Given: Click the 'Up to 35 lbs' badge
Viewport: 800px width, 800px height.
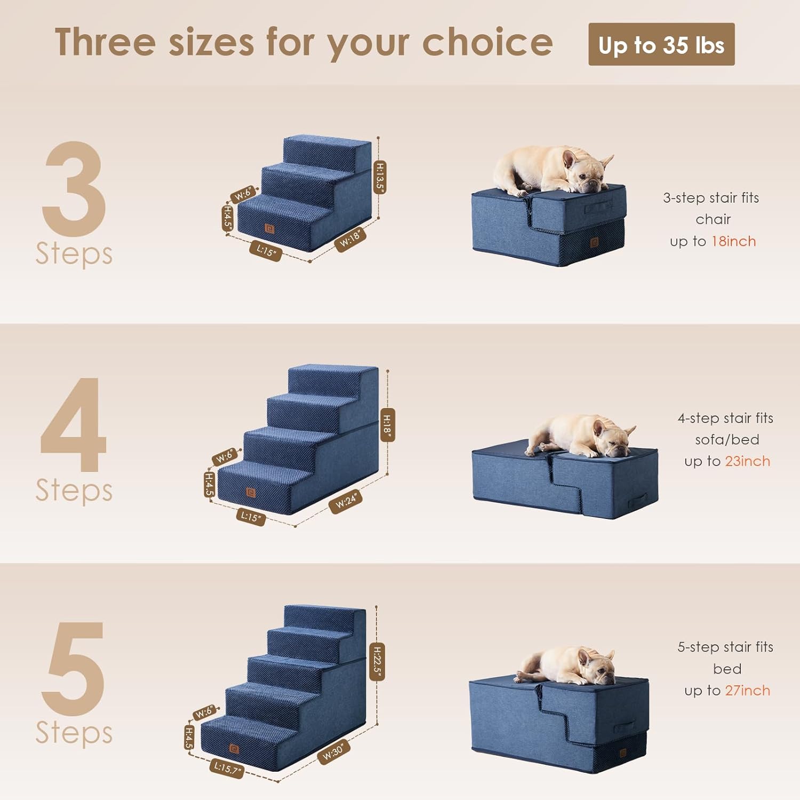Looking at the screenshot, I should coord(661,45).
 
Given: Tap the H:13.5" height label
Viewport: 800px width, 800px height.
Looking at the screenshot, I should coord(379,177).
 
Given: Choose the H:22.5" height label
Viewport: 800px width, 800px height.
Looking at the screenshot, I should coord(377,662).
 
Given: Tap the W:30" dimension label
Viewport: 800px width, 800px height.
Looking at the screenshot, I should coord(334,751).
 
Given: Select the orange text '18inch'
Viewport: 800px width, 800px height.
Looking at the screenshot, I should coord(733,242).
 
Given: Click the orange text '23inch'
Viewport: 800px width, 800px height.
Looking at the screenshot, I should coord(747,461).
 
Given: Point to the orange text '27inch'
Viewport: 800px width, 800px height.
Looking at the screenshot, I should coord(747,691).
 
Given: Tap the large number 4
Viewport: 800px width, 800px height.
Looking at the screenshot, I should coord(74,425).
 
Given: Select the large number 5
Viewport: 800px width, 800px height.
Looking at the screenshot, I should coord(74,668).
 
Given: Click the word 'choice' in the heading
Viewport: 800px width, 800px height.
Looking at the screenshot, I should coord(487,43).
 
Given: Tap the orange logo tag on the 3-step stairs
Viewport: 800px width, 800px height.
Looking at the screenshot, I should coord(270,229).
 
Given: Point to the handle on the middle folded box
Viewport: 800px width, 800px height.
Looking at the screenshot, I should coord(637,502).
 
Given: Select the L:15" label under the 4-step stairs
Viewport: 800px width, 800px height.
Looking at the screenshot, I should coord(251,517).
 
